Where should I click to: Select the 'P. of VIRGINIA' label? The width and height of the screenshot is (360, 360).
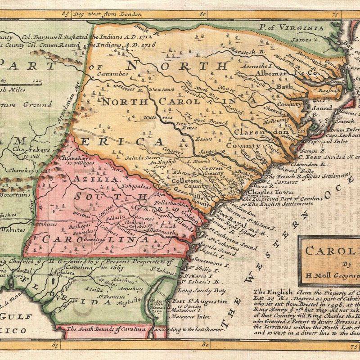point(293,28)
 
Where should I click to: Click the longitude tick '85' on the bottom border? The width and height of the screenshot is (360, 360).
point(55,346)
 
